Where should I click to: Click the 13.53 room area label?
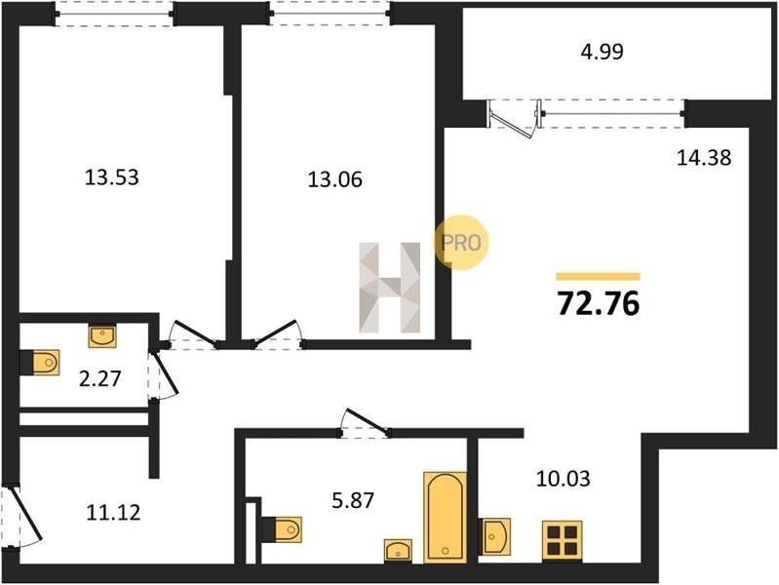click(112, 177)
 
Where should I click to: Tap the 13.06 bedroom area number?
click(334, 179)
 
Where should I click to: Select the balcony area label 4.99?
click(603, 52)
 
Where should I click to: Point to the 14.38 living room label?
click(704, 158)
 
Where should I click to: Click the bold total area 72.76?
click(599, 303)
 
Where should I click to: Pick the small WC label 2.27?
click(99, 379)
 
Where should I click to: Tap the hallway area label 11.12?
click(113, 513)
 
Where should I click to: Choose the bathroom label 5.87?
click(353, 500)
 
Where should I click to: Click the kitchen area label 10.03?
click(564, 479)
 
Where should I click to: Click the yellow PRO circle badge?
click(461, 243)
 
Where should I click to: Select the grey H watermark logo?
click(390, 288)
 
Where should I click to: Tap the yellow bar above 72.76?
click(599, 277)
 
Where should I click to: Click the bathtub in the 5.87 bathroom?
click(446, 518)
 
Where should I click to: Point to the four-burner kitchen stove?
click(562, 540)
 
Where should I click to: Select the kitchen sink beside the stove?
click(495, 536)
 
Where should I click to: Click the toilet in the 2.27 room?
click(40, 363)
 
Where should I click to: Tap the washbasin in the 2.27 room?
click(102, 336)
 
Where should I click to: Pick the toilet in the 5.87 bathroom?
click(282, 529)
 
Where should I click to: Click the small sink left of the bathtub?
click(398, 551)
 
